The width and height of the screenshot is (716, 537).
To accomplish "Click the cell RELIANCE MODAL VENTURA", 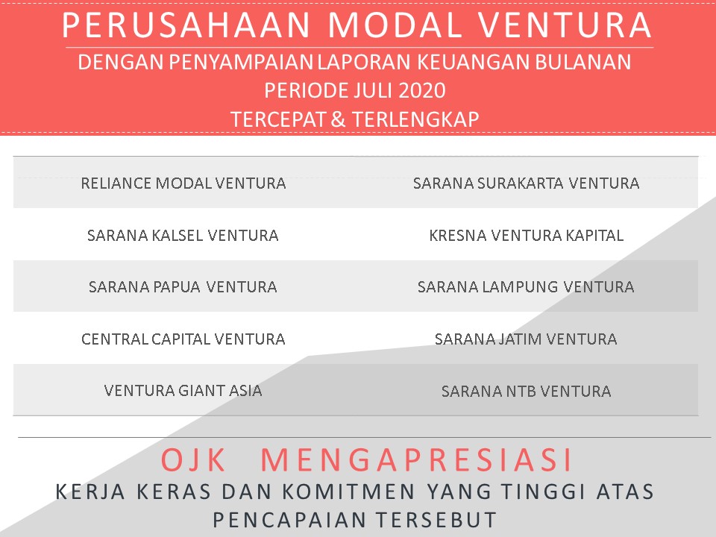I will point(183,183).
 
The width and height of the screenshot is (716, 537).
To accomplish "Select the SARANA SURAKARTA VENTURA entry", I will point(526,183).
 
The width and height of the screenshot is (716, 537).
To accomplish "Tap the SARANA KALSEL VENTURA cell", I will point(183,236).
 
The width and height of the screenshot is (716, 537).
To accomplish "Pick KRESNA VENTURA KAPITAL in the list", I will point(526,236).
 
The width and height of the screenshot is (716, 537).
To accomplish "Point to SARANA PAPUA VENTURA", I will point(183,287).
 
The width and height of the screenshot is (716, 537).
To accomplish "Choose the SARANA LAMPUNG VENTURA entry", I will point(526,287).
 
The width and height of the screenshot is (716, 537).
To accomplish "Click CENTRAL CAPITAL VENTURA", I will point(183,339).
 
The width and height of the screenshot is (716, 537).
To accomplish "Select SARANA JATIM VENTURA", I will point(526,339).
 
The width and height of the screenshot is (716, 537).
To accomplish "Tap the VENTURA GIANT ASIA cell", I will point(183,390).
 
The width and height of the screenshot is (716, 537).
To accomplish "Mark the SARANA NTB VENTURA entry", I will point(526,391).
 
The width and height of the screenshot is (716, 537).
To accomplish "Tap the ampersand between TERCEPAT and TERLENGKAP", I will point(337,119).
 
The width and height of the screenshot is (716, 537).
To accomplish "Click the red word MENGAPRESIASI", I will point(418,460).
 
